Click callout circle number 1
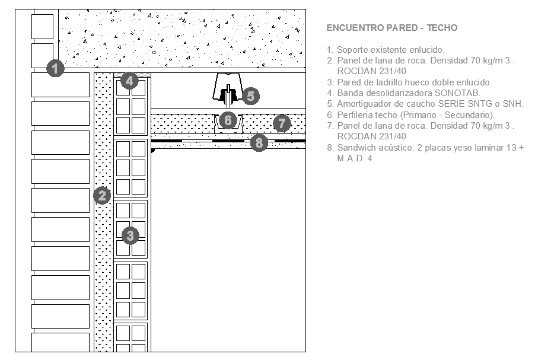pos(55,69)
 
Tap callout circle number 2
pos(103,195)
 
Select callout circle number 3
pos(130,235)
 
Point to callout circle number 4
pos(130,81)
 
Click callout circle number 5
pos(250,95)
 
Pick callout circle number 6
pos(228,120)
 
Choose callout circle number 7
pos(282,124)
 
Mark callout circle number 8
pos(259,142)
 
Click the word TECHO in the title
pos(442,28)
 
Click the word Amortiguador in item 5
pos(365,104)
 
